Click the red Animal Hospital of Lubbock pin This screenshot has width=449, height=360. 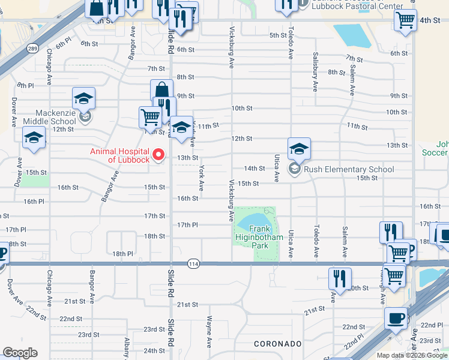click(159, 155)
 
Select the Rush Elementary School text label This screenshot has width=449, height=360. click(349, 169)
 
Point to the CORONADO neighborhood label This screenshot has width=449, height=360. click(277, 344)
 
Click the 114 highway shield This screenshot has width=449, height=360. click(193, 263)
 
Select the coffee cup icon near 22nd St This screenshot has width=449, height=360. click(396, 318)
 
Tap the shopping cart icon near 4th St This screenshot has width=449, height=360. click(406, 19)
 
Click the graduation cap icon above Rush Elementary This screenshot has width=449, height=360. click(299, 148)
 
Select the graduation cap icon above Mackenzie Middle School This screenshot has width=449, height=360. click(84, 98)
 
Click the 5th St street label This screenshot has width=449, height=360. click(277, 35)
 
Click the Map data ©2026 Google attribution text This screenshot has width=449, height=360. click(412, 355)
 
